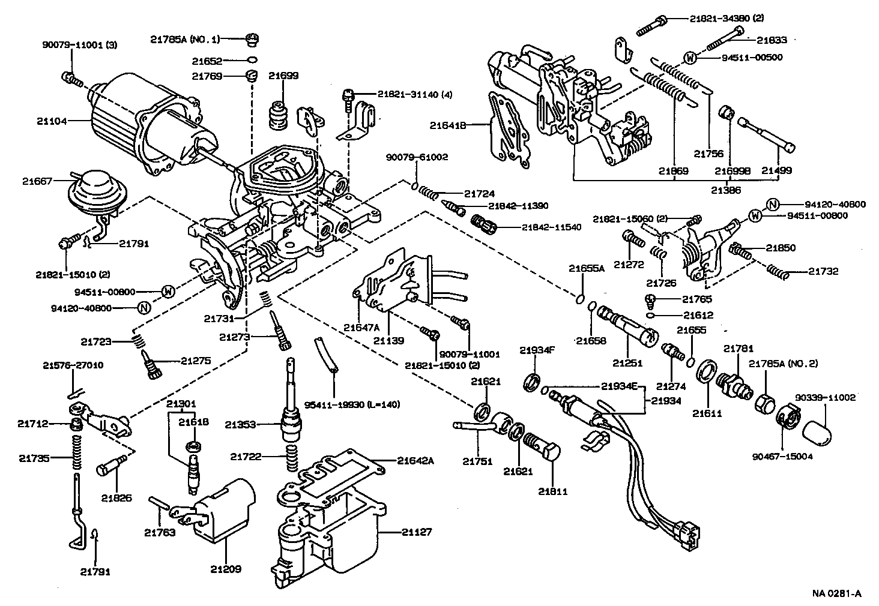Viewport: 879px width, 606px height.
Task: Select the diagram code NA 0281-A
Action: click(837, 593)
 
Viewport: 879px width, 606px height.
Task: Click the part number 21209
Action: click(226, 568)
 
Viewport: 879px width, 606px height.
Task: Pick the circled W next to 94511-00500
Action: click(690, 58)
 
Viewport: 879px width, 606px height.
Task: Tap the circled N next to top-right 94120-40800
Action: click(773, 205)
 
